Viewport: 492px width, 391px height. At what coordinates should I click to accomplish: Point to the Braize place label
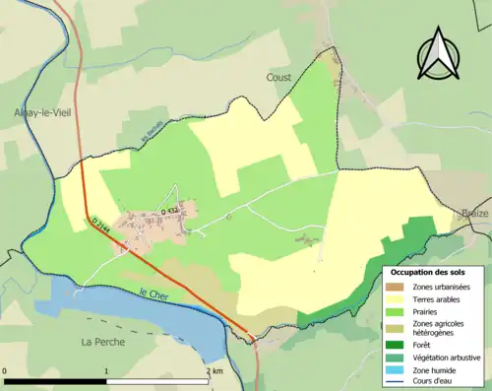pos(474,213)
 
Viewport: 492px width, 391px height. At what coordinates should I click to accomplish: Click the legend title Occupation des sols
pos(435,271)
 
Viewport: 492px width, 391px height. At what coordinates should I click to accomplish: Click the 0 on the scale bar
pos(5,371)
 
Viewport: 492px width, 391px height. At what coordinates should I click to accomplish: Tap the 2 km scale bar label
pos(215,371)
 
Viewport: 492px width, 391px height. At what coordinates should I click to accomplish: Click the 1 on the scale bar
pos(106,371)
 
